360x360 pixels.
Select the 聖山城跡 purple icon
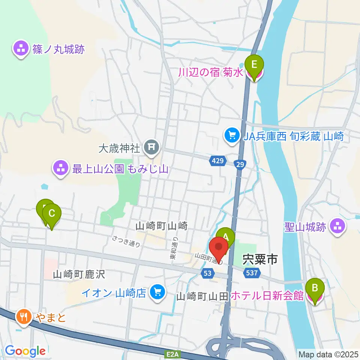click(337, 226)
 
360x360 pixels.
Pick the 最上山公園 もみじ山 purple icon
click(61, 169)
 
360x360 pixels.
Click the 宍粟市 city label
click(259, 258)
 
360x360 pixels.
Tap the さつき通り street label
click(127, 241)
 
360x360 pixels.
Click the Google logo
click(25, 351)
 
